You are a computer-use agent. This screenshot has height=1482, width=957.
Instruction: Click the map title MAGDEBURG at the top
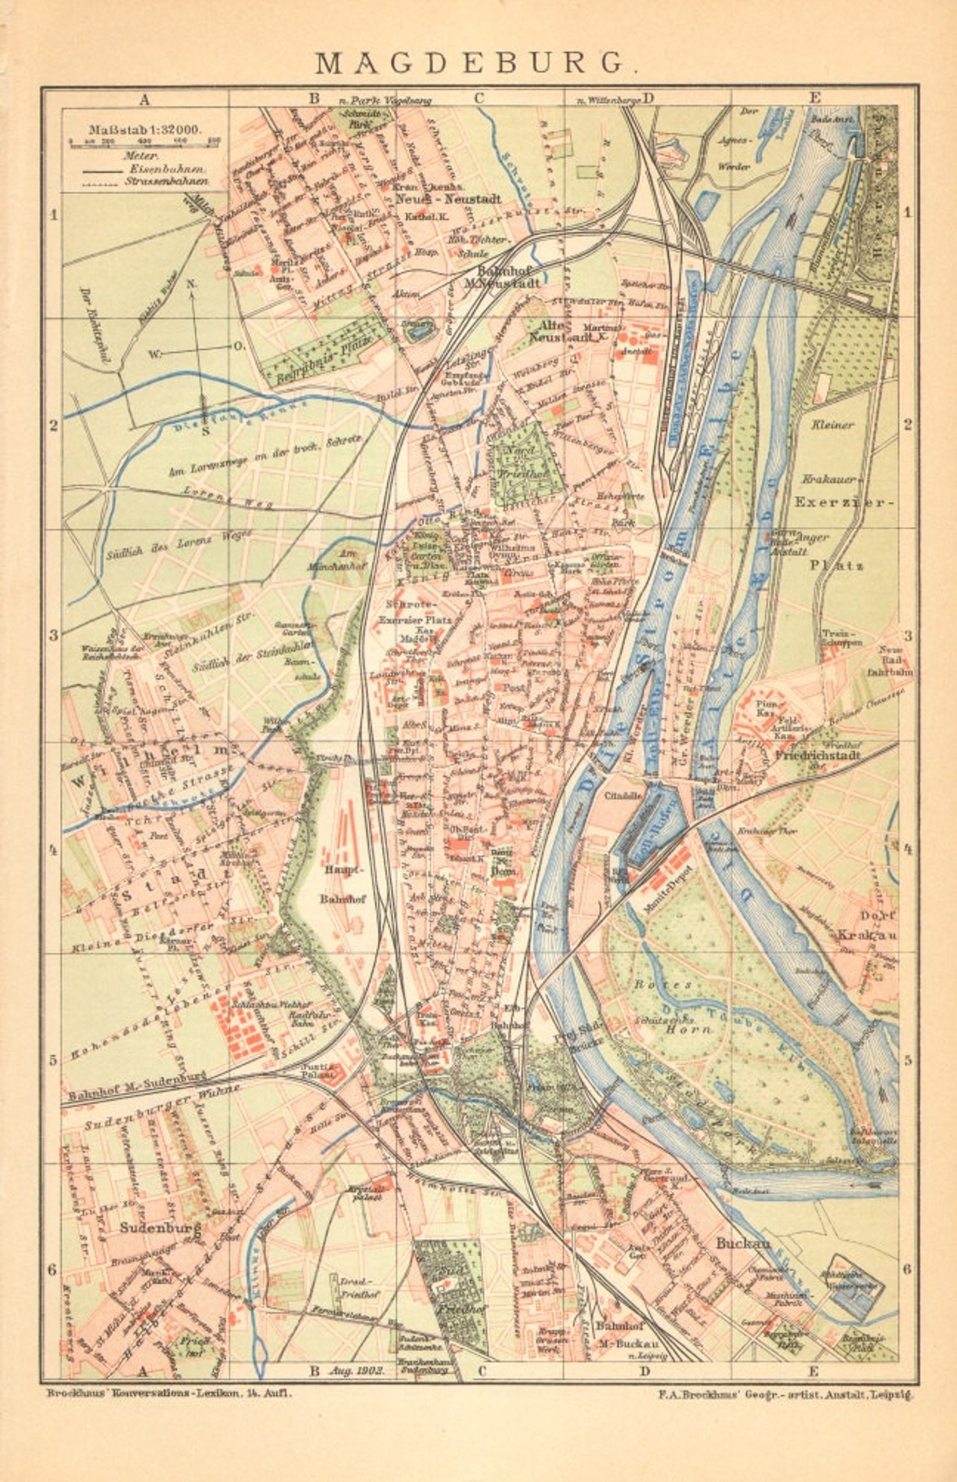pyautogui.click(x=477, y=62)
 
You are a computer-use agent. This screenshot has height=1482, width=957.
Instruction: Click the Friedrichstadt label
pyautogui.click(x=817, y=755)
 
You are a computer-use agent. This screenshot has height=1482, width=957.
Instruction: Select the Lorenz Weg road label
pyautogui.click(x=227, y=497)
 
